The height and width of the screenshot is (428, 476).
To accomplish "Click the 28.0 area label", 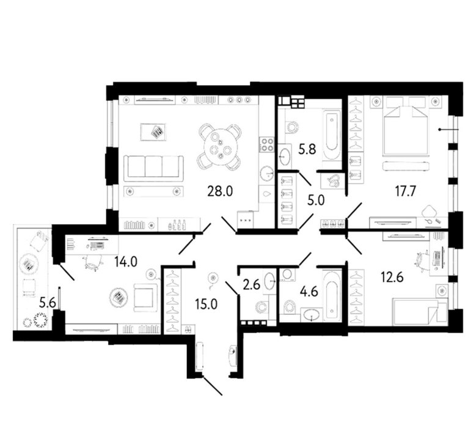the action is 220,191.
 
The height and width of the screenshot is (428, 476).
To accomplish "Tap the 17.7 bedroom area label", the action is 406,191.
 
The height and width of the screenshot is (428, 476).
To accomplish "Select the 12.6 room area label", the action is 392,277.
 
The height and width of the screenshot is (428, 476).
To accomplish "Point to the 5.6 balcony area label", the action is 48,303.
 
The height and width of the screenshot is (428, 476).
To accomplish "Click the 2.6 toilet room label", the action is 252,286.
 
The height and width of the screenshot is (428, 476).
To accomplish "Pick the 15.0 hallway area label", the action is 207,304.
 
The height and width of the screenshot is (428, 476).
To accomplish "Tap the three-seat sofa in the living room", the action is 153,168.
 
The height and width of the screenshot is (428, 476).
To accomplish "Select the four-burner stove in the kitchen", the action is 267,144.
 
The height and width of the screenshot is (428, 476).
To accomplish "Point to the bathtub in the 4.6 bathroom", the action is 332,295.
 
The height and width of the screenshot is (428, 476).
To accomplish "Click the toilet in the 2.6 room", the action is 262,308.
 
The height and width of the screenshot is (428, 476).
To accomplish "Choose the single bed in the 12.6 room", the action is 420,311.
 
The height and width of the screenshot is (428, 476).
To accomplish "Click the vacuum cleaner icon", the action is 333,182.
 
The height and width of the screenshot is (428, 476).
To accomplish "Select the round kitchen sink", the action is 268,174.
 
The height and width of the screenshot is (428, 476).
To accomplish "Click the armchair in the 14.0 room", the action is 145,297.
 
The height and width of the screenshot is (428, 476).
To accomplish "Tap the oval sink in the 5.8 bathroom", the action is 285,157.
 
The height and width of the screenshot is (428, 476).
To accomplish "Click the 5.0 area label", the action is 316,201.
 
